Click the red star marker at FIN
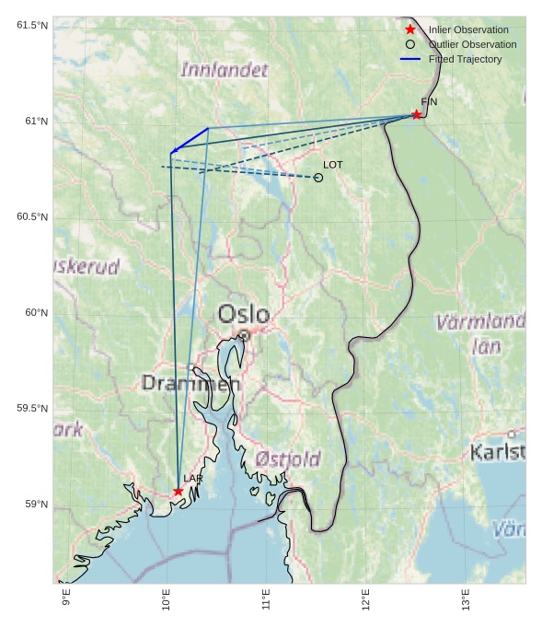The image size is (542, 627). [416, 114]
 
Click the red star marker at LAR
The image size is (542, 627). [179, 491]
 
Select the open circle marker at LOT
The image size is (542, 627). [318, 177]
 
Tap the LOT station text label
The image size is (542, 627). [333, 164]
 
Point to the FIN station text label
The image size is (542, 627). [429, 101]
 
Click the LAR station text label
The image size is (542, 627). [192, 479]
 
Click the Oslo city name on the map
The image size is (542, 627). [244, 314]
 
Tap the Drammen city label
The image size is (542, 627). [190, 383]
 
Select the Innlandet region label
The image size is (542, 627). [225, 70]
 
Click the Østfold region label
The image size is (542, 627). [288, 459]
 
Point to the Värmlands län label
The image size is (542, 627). [479, 333]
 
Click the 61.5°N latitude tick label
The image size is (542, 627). [32, 25]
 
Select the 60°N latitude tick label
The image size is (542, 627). [36, 312]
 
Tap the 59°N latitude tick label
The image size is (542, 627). [36, 504]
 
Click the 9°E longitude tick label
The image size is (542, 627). [66, 598]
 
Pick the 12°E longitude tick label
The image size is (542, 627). [365, 598]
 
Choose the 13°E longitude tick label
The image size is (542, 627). [465, 598]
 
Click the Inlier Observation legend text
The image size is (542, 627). [467, 29]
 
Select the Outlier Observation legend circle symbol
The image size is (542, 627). [410, 44]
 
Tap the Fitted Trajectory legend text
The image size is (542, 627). [465, 59]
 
